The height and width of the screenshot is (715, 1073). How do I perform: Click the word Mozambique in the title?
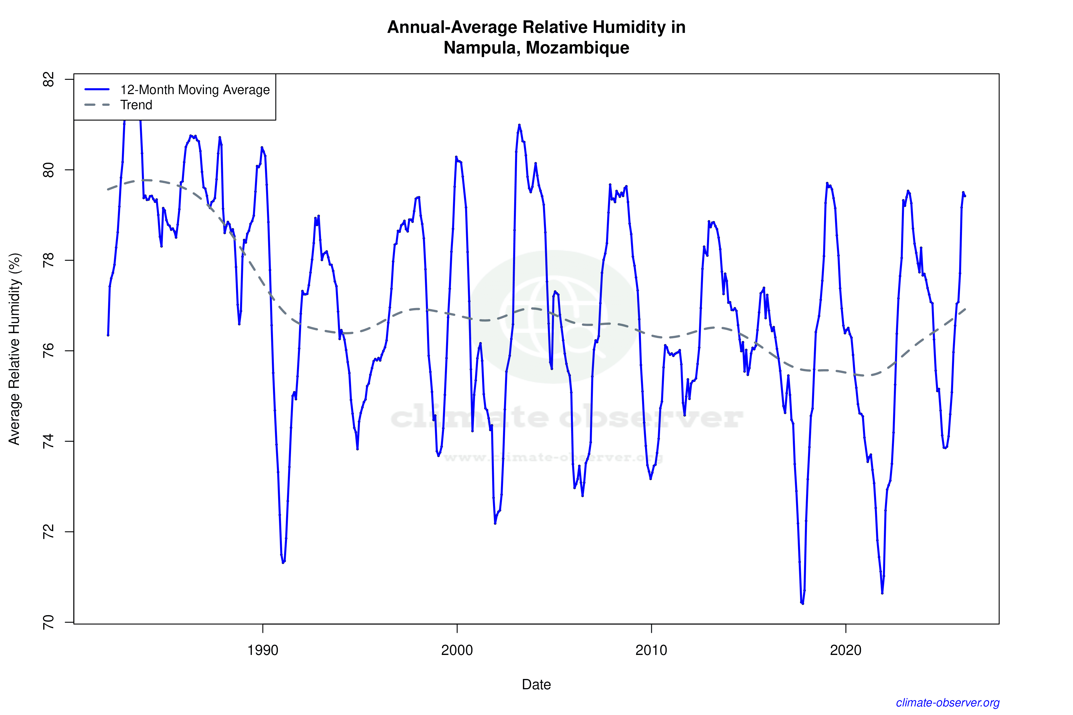coord(577,48)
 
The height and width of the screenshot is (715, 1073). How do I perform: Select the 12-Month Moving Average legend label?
coord(195,90)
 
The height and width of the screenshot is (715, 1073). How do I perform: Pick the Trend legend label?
coord(136,105)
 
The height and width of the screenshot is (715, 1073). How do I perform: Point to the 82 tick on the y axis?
coord(48,79)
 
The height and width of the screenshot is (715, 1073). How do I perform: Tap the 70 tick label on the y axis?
coord(48,622)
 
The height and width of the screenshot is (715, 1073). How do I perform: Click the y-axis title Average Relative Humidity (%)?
coord(15,349)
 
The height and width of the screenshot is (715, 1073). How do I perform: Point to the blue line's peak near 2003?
coord(519,125)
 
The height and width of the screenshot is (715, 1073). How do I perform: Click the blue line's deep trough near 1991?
coord(283,563)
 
